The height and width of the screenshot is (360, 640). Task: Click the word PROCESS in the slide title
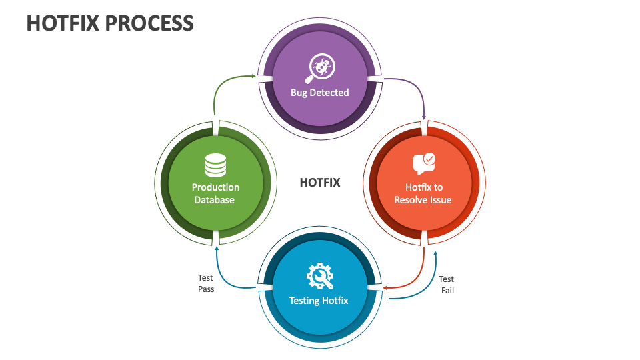[x=148, y=23]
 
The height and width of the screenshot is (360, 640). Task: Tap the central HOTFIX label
[x=320, y=182]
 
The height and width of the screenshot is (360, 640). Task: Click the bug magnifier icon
[x=320, y=67]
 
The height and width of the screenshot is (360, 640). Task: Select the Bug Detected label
[x=320, y=93]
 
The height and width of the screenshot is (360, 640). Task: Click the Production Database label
[x=215, y=193]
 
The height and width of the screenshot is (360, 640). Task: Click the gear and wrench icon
[x=319, y=275]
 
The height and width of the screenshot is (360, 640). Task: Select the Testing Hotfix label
[x=319, y=301]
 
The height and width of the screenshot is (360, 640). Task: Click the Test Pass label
[x=206, y=283]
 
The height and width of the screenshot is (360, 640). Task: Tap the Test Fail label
[x=447, y=285]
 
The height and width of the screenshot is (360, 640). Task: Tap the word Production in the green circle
[x=215, y=187]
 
